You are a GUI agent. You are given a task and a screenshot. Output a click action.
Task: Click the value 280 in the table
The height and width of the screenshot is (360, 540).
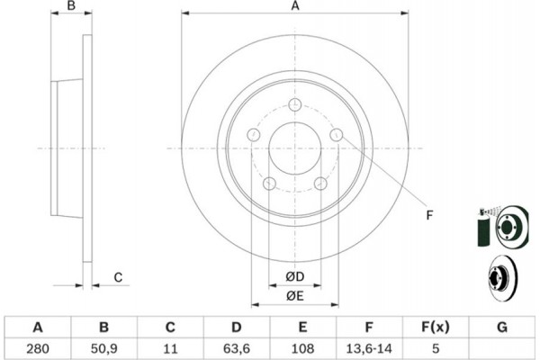38,348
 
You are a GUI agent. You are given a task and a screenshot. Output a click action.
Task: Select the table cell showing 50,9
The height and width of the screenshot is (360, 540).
104,348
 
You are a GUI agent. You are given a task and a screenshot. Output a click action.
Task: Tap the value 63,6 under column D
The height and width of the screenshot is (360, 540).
236,348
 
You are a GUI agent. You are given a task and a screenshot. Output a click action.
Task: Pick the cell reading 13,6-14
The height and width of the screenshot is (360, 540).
369,348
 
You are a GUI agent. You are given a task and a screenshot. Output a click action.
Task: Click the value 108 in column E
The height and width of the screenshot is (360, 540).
302,348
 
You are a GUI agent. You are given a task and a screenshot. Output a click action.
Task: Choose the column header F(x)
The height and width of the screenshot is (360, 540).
436,327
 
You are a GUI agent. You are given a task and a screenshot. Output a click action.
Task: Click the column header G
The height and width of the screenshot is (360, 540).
502,327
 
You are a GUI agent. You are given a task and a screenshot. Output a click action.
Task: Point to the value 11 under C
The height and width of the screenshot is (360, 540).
170,348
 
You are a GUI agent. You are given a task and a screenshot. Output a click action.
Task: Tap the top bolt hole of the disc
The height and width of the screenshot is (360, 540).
295,104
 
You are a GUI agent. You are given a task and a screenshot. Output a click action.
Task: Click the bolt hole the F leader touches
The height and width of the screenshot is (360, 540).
337,135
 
